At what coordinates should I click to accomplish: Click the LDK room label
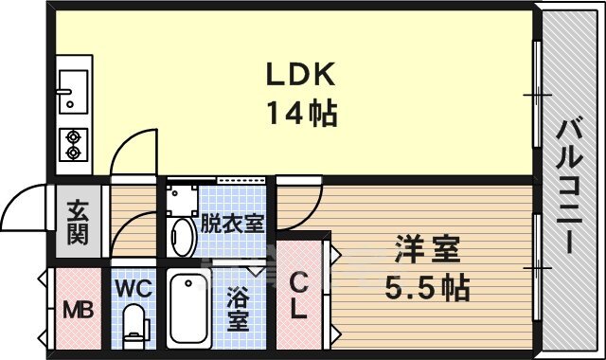[x=301, y=74]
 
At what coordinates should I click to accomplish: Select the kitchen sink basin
[x=73, y=92]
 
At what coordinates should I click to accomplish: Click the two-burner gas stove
[x=74, y=145]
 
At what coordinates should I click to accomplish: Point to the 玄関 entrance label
[x=78, y=223]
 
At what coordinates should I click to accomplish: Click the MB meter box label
[x=79, y=310]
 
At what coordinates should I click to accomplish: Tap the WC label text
[x=134, y=288]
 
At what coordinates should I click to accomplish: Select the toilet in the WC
[x=135, y=326]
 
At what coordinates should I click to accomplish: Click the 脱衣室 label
[x=232, y=224]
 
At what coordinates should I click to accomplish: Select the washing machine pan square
[x=182, y=200]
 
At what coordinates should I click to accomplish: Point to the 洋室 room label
[x=427, y=249]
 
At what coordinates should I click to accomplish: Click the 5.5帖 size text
[x=427, y=288]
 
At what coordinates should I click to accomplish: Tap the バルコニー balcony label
[x=569, y=187]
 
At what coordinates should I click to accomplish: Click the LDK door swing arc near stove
[x=128, y=142]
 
